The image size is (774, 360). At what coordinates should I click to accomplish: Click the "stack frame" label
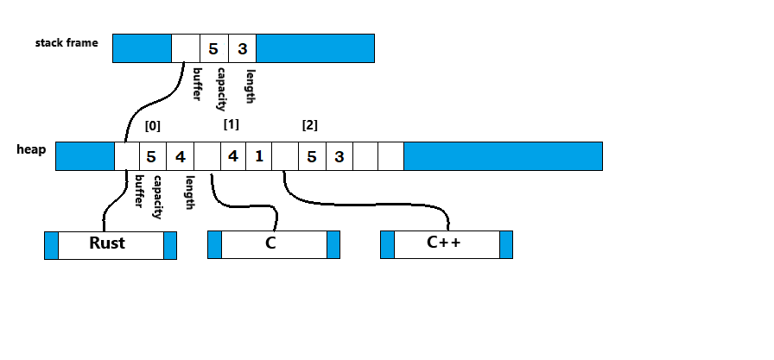pyautogui.click(x=67, y=42)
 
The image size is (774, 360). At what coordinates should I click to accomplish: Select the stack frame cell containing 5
pyautogui.click(x=213, y=48)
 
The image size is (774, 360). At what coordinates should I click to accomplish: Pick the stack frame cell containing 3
pyautogui.click(x=243, y=48)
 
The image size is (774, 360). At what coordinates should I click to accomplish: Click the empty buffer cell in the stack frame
pyautogui.click(x=185, y=48)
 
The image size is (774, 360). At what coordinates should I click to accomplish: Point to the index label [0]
pyautogui.click(x=153, y=125)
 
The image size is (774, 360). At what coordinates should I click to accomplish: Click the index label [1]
pyautogui.click(x=231, y=124)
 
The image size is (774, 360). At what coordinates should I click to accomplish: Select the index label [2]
pyautogui.click(x=309, y=125)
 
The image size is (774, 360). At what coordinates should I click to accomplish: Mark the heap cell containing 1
pyautogui.click(x=259, y=156)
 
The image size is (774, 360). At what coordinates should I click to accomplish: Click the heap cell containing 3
pyautogui.click(x=339, y=156)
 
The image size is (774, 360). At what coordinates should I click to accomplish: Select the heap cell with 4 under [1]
pyautogui.click(x=232, y=156)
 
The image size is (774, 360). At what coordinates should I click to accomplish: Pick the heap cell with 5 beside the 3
pyautogui.click(x=312, y=156)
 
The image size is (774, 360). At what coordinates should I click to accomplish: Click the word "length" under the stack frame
pyautogui.click(x=251, y=86)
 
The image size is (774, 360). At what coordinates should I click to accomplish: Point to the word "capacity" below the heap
pyautogui.click(x=157, y=196)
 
